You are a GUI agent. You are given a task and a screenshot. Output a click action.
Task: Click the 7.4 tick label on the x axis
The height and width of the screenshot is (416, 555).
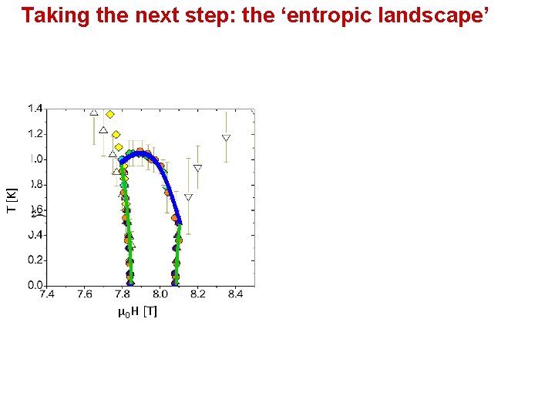[46, 294]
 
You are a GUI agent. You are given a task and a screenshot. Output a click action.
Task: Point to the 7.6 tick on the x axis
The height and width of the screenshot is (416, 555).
[84, 294]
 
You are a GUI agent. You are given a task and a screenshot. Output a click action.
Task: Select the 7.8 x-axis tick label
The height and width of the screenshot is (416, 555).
[122, 294]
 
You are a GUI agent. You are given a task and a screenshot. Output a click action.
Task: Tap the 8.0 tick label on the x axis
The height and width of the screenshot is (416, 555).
[160, 294]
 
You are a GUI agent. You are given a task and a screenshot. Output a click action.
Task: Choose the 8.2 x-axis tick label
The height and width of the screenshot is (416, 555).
[197, 294]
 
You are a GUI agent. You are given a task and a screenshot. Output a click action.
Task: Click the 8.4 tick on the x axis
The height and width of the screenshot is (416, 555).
[235, 294]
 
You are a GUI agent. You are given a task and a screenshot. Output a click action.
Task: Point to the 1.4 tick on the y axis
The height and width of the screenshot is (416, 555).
[35, 109]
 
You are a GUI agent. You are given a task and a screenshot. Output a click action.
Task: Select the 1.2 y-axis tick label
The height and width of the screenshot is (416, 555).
[35, 134]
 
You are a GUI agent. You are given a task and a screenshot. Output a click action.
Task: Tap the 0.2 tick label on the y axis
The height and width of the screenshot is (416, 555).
[35, 260]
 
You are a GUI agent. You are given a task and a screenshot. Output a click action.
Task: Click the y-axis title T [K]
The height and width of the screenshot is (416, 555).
[12, 201]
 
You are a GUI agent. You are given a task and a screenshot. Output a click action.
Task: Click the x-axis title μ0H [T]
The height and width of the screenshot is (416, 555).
[137, 312]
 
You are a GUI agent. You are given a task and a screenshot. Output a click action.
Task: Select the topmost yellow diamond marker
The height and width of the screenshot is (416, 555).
[110, 114]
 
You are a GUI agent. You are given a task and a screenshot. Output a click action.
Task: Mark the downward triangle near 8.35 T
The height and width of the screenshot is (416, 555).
[226, 139]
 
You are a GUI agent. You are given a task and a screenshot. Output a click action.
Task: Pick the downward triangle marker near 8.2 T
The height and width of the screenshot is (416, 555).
[197, 168]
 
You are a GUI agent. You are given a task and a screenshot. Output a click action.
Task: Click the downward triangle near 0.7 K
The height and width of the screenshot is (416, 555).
[188, 197]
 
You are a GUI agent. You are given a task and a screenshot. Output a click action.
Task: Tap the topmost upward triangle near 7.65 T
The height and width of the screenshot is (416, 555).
[94, 112]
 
